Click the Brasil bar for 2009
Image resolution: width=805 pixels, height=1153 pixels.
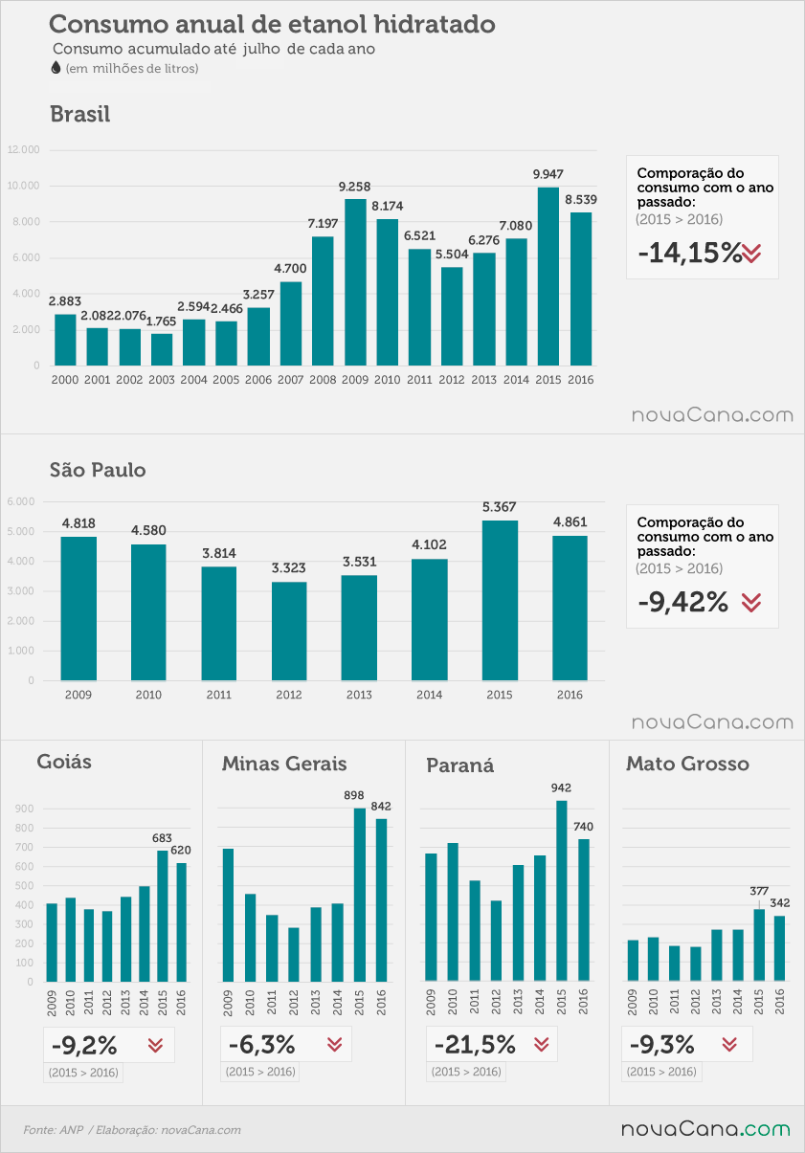point(355,282)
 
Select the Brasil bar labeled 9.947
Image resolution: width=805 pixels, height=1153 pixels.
point(548,277)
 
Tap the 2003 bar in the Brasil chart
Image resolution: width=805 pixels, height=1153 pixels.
point(162,349)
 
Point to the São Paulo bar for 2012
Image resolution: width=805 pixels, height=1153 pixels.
point(289,632)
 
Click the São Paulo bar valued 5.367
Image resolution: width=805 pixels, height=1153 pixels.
point(500,600)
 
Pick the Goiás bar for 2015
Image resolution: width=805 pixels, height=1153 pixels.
point(162,916)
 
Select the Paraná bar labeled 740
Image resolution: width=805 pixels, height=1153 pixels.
point(584,910)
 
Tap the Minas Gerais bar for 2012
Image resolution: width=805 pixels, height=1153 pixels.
point(294,954)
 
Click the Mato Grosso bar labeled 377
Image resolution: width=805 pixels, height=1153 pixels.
point(759,944)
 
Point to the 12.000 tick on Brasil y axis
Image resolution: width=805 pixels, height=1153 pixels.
point(23,150)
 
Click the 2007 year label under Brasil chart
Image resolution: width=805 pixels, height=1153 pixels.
point(290,380)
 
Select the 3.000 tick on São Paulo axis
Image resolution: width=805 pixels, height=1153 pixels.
point(21,591)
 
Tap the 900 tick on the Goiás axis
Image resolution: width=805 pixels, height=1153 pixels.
point(24,809)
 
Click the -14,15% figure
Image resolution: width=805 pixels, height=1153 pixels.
point(689,253)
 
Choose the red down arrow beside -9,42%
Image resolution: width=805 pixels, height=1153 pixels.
point(751,602)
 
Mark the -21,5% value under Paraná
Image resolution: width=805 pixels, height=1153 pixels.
point(475,1044)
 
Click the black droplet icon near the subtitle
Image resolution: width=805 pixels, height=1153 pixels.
point(56,67)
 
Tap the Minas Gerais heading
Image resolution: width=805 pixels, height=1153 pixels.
point(284,764)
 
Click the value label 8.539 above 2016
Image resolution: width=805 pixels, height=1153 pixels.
point(581,199)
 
